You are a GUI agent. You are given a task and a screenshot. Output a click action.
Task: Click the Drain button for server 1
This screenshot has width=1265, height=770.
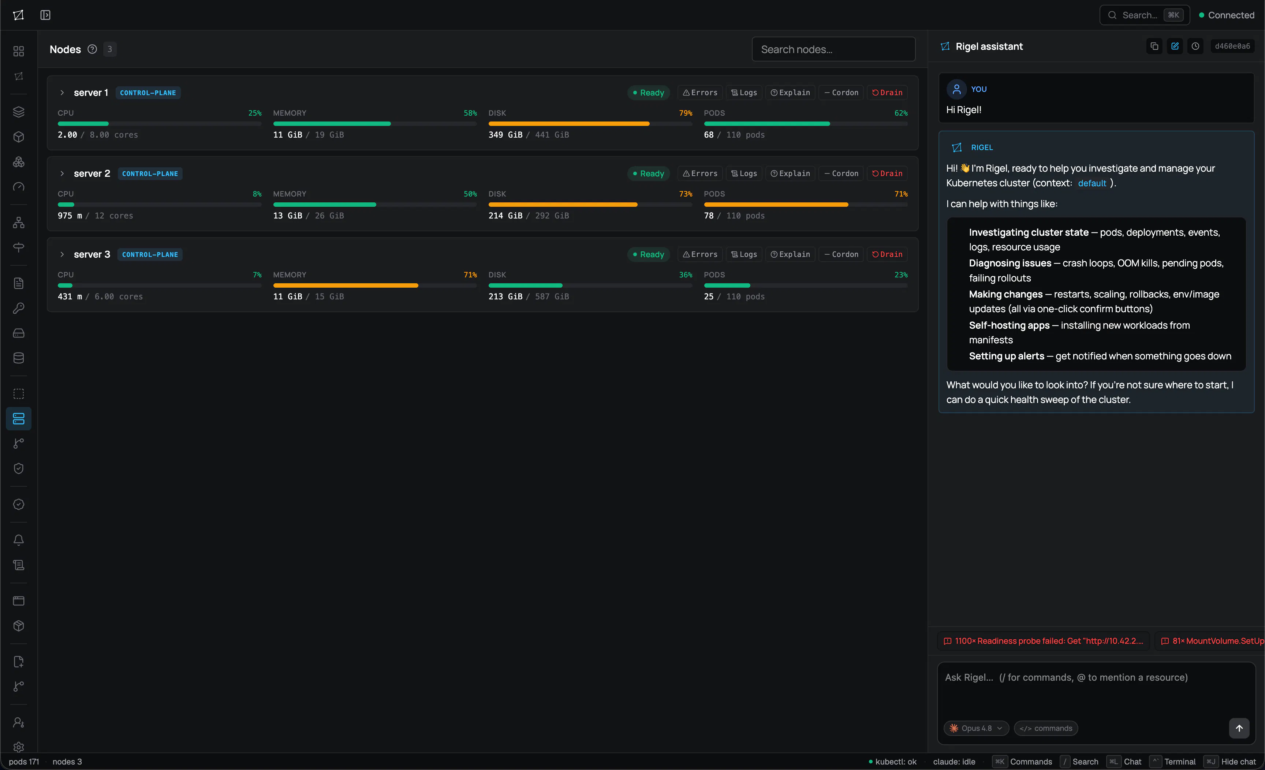click(x=887, y=92)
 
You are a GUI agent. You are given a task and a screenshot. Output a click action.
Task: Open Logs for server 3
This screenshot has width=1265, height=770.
click(x=744, y=254)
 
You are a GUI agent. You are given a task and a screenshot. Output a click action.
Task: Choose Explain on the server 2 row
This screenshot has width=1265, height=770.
click(x=790, y=173)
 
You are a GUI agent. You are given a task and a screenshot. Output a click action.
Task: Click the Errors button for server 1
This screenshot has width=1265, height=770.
click(x=700, y=92)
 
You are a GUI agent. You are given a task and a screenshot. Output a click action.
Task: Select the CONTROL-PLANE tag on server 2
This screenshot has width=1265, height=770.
click(x=150, y=173)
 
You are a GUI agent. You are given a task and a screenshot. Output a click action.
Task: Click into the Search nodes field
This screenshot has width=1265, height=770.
click(x=833, y=49)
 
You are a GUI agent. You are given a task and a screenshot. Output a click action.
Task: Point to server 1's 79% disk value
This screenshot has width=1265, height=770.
click(x=685, y=113)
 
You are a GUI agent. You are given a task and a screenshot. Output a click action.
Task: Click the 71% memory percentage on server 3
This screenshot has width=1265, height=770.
click(x=470, y=274)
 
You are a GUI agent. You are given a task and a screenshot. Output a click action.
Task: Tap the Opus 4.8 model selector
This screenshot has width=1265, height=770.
click(x=976, y=728)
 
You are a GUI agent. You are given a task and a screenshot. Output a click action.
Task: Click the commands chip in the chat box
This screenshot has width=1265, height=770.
click(x=1046, y=728)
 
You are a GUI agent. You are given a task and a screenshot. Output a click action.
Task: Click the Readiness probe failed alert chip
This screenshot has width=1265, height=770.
click(x=1044, y=641)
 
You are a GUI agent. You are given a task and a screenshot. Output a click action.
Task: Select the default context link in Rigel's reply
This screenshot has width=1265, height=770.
click(x=1092, y=183)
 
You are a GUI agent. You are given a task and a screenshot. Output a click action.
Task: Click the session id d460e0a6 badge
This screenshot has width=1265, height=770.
click(x=1232, y=46)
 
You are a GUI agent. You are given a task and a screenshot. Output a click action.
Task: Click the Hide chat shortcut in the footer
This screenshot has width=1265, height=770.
click(x=1230, y=761)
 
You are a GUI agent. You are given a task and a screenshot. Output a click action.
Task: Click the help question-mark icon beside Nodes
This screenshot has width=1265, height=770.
click(x=92, y=49)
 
